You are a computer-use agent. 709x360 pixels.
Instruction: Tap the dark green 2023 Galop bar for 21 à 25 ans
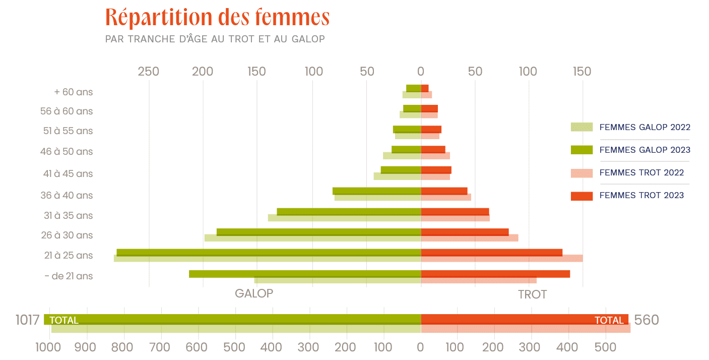click(x=269, y=252)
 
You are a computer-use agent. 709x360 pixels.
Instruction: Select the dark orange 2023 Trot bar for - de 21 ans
click(x=495, y=273)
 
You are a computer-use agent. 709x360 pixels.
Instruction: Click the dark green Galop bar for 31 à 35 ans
click(x=349, y=211)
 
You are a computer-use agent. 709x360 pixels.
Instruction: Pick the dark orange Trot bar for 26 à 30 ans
click(x=465, y=231)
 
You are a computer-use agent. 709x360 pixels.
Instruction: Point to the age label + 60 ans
click(x=74, y=92)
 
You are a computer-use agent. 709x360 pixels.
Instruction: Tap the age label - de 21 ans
click(x=69, y=276)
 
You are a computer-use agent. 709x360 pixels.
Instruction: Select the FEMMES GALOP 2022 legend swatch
click(x=582, y=127)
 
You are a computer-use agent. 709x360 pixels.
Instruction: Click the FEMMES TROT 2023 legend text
click(x=641, y=195)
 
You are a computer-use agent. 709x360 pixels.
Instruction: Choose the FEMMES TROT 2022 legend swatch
click(x=582, y=173)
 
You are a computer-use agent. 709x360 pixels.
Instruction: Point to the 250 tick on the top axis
click(x=149, y=72)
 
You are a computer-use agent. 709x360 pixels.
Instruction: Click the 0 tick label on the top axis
click(x=421, y=72)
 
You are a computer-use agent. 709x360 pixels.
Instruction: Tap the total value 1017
click(x=27, y=320)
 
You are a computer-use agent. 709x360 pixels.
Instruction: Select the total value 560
click(x=646, y=320)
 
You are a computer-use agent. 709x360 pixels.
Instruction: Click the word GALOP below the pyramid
click(x=254, y=293)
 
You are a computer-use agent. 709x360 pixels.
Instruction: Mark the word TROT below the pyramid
click(x=532, y=294)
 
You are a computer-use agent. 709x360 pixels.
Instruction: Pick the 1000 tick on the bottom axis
click(x=49, y=347)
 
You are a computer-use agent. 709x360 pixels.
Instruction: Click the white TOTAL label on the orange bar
click(x=609, y=320)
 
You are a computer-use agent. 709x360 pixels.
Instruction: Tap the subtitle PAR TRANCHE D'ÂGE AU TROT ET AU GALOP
click(x=215, y=39)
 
